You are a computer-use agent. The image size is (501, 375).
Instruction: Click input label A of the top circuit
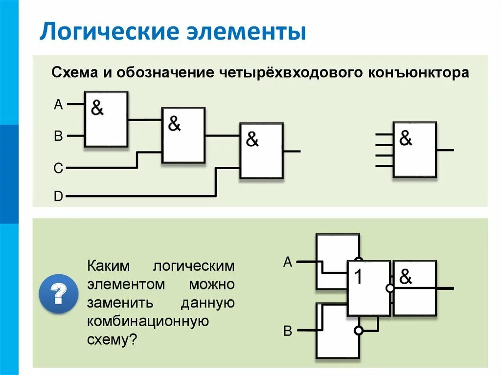[58, 104]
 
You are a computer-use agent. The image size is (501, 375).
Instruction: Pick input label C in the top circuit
[58, 169]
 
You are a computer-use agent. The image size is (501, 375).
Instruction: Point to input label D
[58, 197]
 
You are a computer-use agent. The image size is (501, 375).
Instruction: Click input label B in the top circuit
[58, 136]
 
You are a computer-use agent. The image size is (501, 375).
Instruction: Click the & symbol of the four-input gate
[406, 139]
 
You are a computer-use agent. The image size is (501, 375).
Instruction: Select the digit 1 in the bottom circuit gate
[359, 278]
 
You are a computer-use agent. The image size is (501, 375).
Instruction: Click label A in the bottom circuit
[288, 263]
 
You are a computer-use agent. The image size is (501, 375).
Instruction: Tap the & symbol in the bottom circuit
[406, 277]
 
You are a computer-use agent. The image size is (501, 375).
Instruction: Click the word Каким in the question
[108, 266]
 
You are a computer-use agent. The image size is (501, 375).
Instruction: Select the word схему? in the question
[111, 340]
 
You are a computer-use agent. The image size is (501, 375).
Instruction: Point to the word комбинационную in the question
[148, 321]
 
